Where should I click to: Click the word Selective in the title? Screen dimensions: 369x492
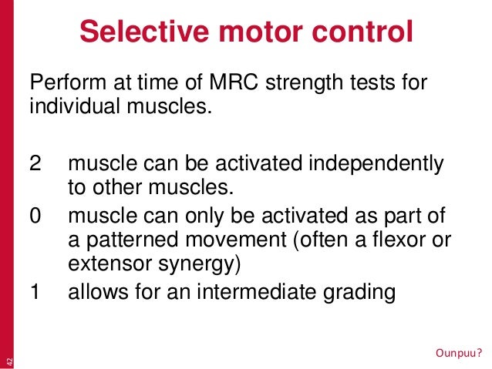coord(133,33)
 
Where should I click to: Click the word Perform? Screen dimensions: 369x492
coord(61,82)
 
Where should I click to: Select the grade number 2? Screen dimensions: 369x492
coord(35,164)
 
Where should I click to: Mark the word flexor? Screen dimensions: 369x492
coord(386,240)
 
